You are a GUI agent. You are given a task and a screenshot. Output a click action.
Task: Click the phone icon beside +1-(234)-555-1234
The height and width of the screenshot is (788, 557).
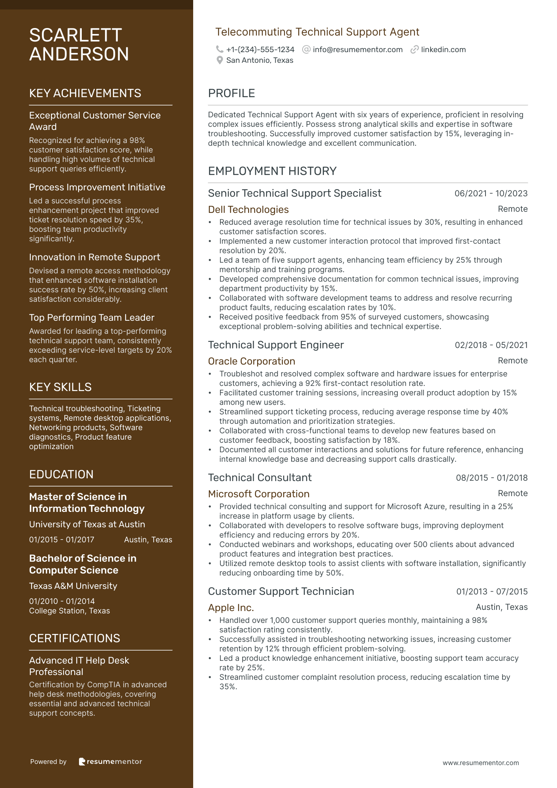click(x=220, y=49)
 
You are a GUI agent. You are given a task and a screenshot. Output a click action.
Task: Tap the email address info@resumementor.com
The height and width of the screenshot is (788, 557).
click(x=358, y=50)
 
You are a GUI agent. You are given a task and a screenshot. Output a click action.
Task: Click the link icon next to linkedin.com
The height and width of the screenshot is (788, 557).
click(x=414, y=49)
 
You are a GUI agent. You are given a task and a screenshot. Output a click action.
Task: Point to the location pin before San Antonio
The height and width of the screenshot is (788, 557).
click(x=220, y=60)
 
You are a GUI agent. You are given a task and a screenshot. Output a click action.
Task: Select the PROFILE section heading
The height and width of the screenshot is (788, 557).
click(x=231, y=93)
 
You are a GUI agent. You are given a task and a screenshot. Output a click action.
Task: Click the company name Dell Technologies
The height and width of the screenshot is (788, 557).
click(x=248, y=210)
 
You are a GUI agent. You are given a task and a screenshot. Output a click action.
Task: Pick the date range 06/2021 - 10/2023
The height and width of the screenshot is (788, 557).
click(x=491, y=194)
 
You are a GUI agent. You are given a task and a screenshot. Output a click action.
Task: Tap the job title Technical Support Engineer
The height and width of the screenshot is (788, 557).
click(x=276, y=345)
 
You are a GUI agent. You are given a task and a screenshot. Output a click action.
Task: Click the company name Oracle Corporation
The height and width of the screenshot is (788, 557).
click(x=252, y=361)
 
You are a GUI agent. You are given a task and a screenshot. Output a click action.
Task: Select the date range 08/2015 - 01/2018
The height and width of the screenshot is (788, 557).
click(x=492, y=478)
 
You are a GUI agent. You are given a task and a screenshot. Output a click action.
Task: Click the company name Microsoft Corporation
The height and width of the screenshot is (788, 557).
click(x=259, y=494)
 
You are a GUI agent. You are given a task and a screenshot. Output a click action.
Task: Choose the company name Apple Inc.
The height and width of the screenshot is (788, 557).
click(x=231, y=608)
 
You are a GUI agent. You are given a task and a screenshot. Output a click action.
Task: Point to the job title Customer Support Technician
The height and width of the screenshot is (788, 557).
click(x=281, y=592)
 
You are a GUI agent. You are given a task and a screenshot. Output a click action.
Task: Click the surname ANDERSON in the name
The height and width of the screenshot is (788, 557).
click(x=79, y=54)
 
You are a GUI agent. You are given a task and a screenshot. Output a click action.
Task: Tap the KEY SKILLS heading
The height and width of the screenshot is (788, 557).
click(x=60, y=387)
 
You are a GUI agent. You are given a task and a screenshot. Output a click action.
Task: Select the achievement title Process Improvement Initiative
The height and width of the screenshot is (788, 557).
click(x=97, y=187)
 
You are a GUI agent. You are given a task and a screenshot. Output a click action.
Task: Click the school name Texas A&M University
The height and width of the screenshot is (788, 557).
click(x=73, y=586)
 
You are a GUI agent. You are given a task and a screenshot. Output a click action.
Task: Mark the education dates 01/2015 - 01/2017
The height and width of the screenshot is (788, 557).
click(x=62, y=540)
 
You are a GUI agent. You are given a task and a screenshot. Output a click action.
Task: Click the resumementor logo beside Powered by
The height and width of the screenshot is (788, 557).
click(x=110, y=762)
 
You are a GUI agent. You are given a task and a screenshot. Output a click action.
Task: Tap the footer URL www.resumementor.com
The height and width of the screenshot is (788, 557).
click(x=480, y=763)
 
